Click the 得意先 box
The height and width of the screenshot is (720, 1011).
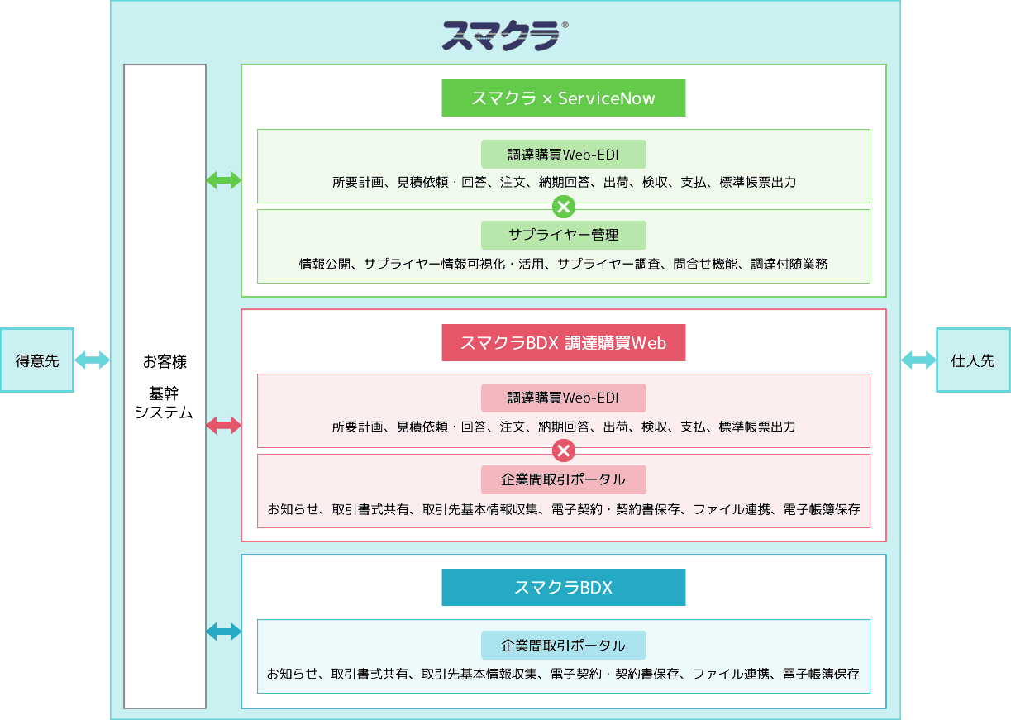click(x=37, y=360)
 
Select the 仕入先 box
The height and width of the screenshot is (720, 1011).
click(x=973, y=360)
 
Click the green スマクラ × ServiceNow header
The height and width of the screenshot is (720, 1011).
click(x=563, y=98)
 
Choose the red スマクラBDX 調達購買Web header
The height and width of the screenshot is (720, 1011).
click(x=563, y=343)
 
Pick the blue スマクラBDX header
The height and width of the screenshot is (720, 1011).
click(x=563, y=588)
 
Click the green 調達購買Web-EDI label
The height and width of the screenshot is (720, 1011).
click(x=563, y=155)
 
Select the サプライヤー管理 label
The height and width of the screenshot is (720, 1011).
click(x=563, y=235)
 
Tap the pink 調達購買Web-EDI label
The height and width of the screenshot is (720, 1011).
click(x=563, y=398)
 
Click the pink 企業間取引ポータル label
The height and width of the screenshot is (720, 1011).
click(x=563, y=479)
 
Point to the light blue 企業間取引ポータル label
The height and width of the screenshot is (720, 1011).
click(x=563, y=646)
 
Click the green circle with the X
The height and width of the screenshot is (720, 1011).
click(x=564, y=206)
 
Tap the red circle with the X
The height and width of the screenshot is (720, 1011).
click(x=564, y=451)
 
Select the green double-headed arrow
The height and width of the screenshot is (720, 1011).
click(x=223, y=180)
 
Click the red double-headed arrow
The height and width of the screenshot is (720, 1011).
click(x=223, y=426)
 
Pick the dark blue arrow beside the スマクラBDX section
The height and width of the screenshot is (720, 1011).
click(x=223, y=632)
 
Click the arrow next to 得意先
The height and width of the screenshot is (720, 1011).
click(x=93, y=360)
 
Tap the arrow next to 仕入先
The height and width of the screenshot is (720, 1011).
click(x=918, y=360)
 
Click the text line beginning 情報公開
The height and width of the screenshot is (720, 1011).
click(x=563, y=265)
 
